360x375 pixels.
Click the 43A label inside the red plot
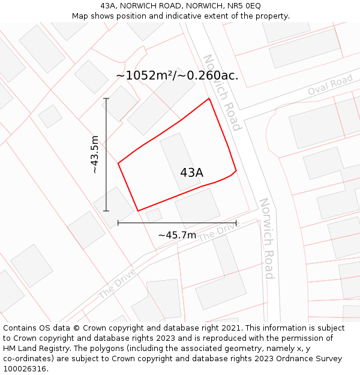[x=191, y=173]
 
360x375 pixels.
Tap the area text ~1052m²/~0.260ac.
[x=177, y=76]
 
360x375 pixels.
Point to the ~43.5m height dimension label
[x=95, y=155]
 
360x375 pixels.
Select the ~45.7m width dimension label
[x=177, y=235]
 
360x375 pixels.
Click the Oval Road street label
[x=330, y=86]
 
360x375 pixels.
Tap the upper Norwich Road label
[x=221, y=92]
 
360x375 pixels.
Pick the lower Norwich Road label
[x=266, y=238]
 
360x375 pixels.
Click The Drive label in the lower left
[x=116, y=283]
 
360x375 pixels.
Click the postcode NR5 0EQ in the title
[x=244, y=6]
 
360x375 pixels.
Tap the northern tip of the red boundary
[x=209, y=98]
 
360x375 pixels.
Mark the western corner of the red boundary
[x=118, y=163]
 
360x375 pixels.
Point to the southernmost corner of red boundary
[x=138, y=211]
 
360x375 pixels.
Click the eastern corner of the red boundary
[x=236, y=170]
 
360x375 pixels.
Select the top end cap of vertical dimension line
[x=106, y=98]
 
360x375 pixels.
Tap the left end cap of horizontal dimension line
[x=118, y=223]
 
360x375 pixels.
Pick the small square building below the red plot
[x=154, y=215]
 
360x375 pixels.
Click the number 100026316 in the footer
[x=23, y=369]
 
